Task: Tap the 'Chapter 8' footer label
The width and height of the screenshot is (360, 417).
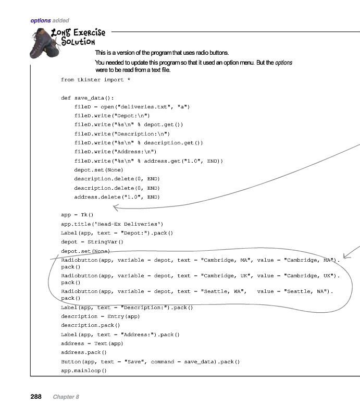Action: tap(66, 397)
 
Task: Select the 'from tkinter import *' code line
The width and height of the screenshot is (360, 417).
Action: tap(92, 80)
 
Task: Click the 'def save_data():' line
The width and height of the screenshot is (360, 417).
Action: tap(87, 98)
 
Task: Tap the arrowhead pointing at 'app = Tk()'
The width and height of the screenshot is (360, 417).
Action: tap(116, 208)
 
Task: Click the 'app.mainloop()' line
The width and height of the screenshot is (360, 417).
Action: tap(83, 371)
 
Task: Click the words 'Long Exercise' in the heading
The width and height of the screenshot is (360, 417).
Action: tap(78, 33)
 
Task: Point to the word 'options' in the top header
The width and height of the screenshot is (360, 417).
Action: tap(40, 21)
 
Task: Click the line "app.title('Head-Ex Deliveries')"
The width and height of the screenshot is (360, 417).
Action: tap(112, 224)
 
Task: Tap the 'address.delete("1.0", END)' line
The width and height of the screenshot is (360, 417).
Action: tap(117, 197)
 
